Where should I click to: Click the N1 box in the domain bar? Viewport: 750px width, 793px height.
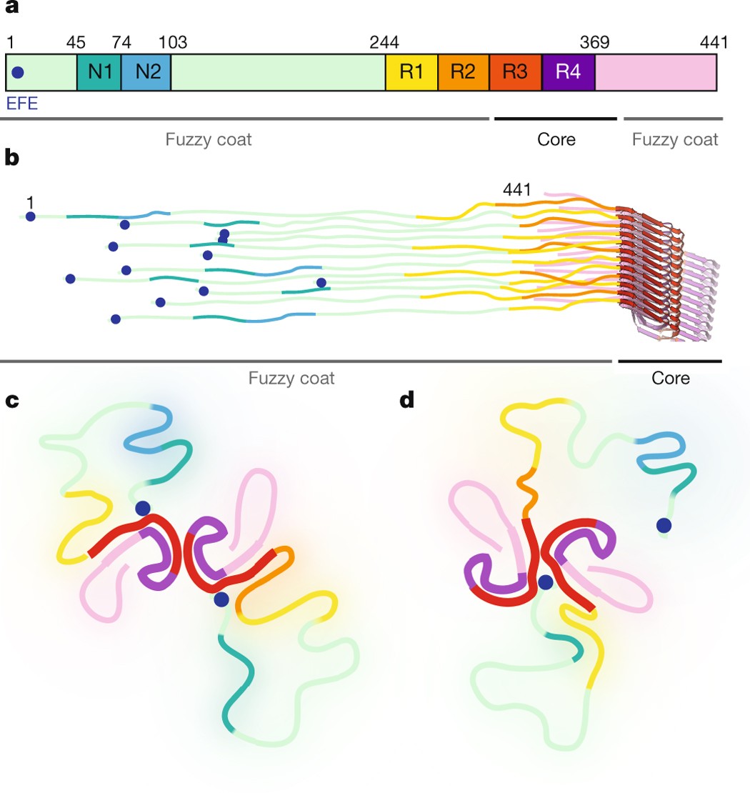pos(99,71)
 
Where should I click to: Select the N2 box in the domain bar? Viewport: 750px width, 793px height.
pos(146,71)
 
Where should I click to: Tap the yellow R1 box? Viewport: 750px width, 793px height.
pos(411,71)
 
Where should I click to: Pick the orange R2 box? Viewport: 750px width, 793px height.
pos(463,71)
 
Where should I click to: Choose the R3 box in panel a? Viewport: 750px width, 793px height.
pos(515,71)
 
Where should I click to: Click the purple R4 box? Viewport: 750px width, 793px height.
pos(568,71)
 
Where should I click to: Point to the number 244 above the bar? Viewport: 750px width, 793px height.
pos(384,42)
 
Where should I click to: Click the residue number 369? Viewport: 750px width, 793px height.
pos(594,42)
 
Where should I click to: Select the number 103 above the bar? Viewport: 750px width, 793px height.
pos(173,42)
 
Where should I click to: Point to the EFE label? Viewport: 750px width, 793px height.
pos(21,104)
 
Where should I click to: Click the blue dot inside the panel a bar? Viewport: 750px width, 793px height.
pos(19,72)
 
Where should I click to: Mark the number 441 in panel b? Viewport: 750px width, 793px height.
pos(516,189)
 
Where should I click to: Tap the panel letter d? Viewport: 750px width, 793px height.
pos(407,402)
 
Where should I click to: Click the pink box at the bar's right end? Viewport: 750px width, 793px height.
pos(655,71)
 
